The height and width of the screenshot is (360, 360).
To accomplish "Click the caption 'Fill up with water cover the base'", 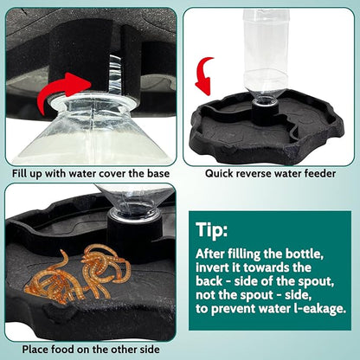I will point(89,172).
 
